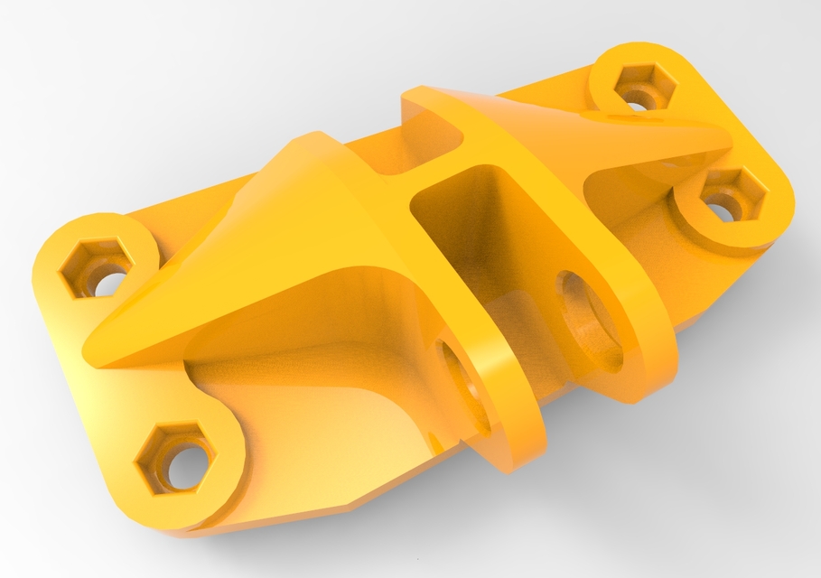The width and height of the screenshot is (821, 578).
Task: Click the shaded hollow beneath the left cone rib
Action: tap(298, 352)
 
